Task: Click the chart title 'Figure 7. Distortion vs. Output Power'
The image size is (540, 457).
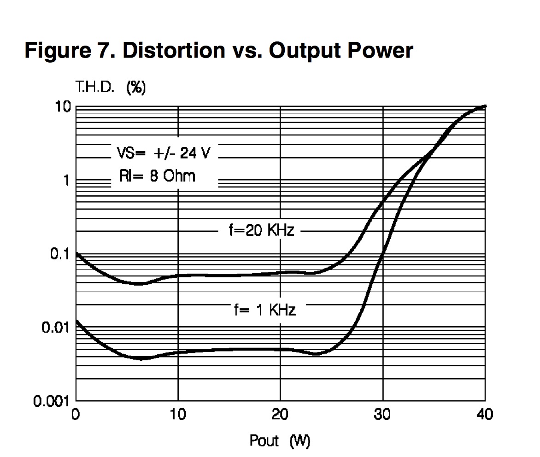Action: pyautogui.click(x=218, y=50)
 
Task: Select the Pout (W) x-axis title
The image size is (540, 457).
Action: pyautogui.click(x=280, y=441)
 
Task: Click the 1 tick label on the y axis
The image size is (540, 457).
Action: pyautogui.click(x=66, y=181)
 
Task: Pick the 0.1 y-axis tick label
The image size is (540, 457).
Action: pyautogui.click(x=60, y=254)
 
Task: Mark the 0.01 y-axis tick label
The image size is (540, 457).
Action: pyautogui.click(x=55, y=328)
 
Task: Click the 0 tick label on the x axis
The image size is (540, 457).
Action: pyautogui.click(x=76, y=415)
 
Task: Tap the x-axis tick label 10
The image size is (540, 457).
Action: pyautogui.click(x=178, y=415)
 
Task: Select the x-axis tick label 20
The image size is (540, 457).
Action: pyautogui.click(x=280, y=415)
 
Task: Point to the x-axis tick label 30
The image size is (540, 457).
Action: pyautogui.click(x=382, y=415)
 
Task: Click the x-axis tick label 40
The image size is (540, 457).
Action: pyautogui.click(x=484, y=415)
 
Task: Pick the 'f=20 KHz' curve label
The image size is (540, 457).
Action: pyautogui.click(x=261, y=230)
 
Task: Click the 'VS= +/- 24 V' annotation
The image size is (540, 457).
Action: pyautogui.click(x=164, y=152)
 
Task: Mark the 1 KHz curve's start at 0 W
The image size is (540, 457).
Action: pyautogui.click(x=76, y=321)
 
